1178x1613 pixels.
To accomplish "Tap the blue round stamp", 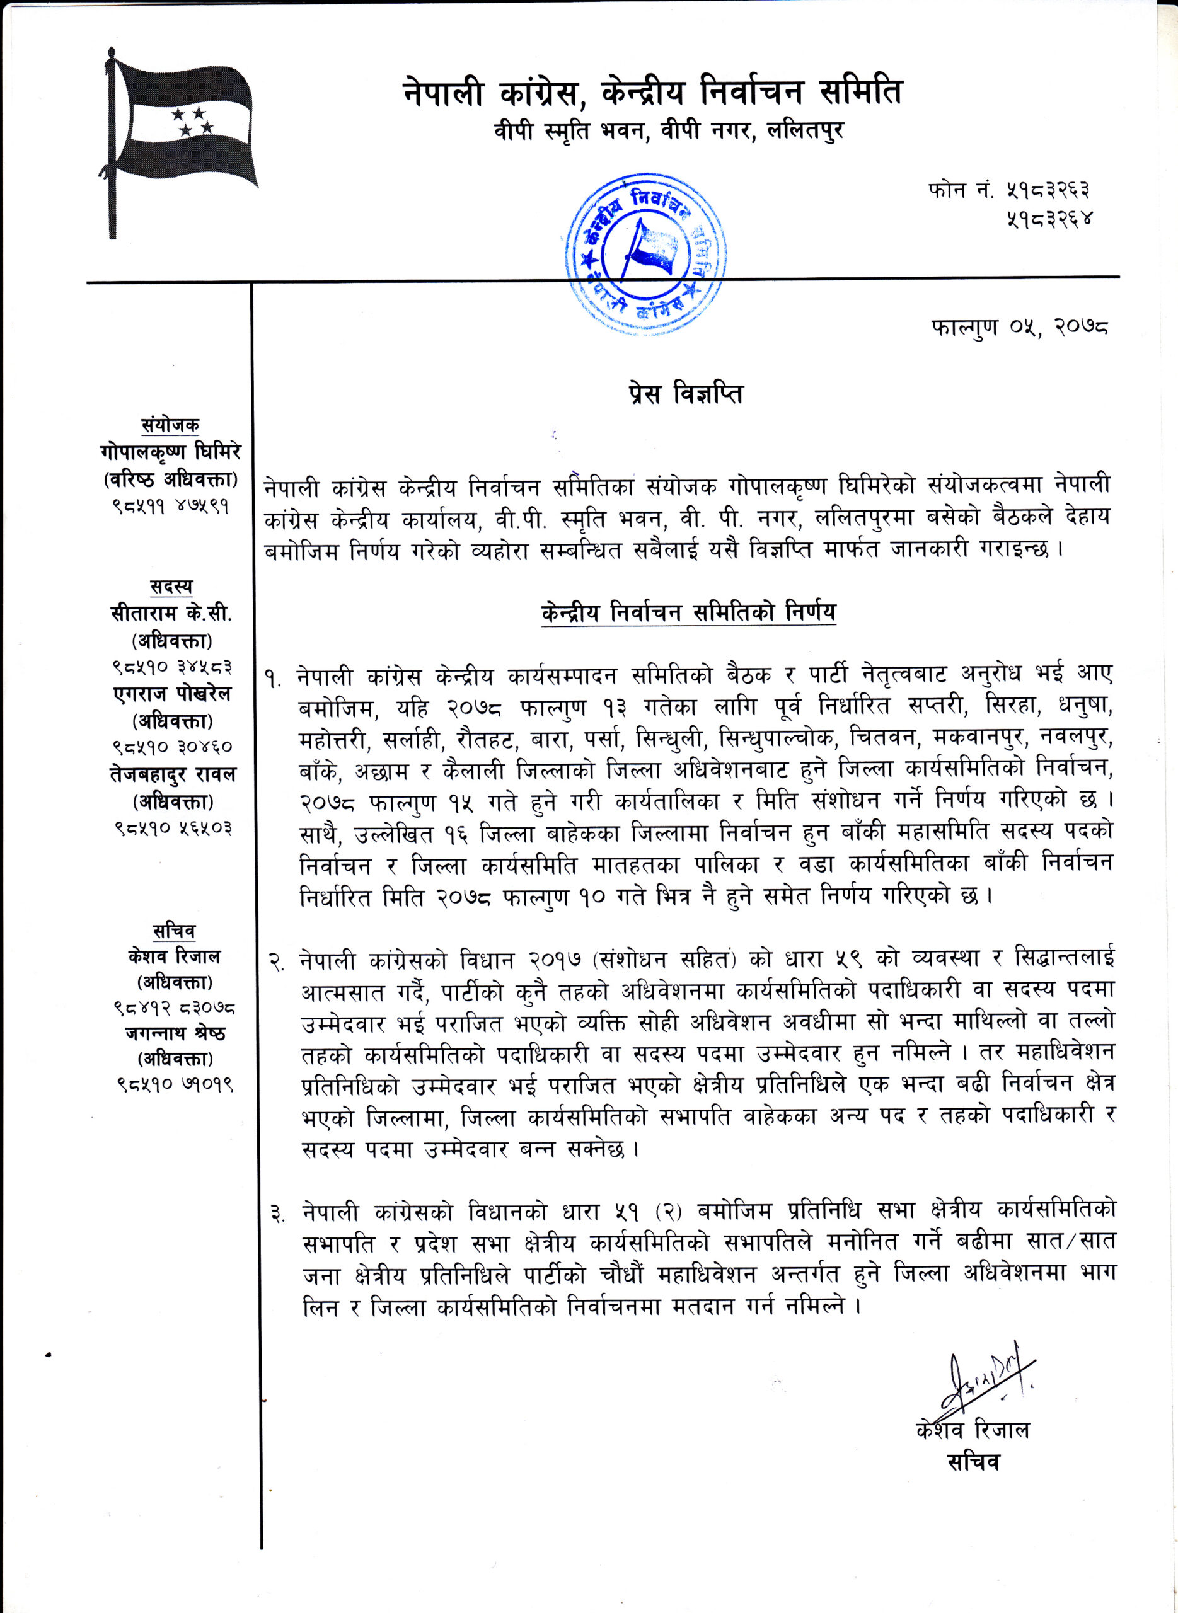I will coord(647,254).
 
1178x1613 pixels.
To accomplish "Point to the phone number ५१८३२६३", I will coord(1048,190).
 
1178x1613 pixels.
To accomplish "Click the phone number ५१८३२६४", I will coord(1049,217).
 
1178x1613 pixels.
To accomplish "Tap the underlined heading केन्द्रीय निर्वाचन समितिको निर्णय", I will coord(688,612).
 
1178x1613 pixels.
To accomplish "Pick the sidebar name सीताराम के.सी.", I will coord(171,613).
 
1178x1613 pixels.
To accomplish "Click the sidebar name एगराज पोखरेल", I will coord(172,694).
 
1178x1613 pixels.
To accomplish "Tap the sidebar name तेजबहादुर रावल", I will coord(172,774).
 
